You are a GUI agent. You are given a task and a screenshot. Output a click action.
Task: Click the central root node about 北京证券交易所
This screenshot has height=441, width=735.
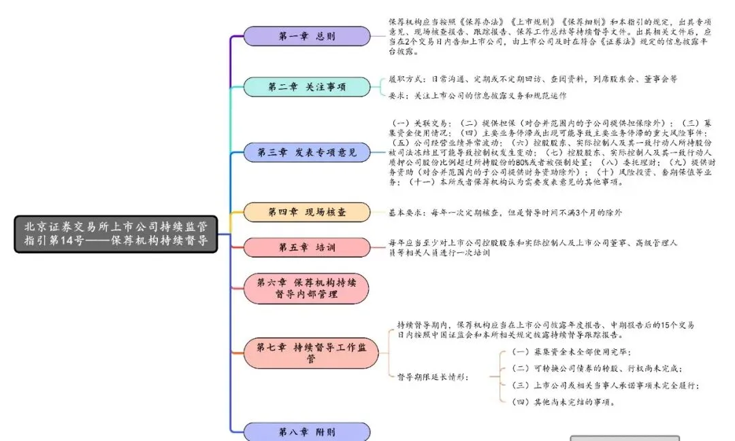coord(116,234)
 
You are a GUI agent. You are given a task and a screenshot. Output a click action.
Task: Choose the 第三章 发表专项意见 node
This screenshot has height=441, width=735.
coord(307,152)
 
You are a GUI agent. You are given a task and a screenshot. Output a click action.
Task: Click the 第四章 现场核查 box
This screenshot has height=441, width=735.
coord(307,212)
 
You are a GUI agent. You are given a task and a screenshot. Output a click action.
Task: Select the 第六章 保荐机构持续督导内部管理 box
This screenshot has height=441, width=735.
coord(307,287)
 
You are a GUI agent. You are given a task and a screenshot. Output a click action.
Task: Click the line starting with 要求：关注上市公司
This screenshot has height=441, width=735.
coord(476,96)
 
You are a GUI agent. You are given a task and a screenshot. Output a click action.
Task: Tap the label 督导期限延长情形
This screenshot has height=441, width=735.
coord(433,376)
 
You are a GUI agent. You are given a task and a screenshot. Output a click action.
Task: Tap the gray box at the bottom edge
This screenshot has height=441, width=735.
coord(624,438)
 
